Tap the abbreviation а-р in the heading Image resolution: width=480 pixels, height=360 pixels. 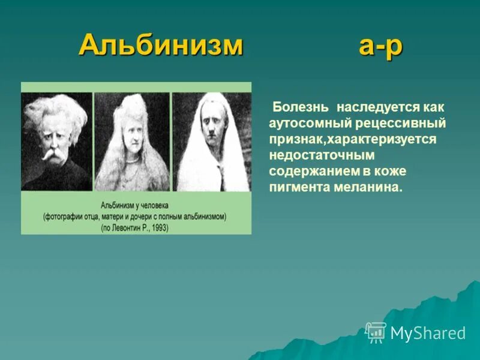380,46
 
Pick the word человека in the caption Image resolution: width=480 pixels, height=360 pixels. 153,205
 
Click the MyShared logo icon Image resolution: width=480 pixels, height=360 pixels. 376,332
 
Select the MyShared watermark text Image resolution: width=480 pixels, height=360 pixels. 427,333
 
